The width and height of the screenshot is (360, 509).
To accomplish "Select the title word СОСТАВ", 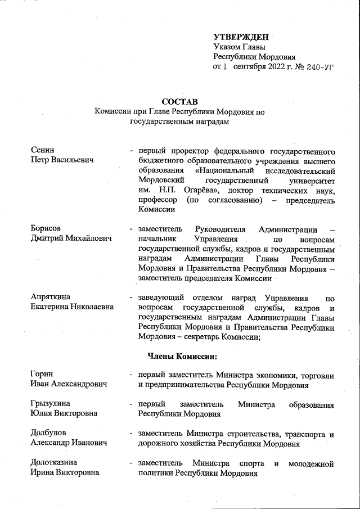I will click(x=179, y=102).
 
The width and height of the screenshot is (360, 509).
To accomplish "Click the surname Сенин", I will click(x=43, y=150).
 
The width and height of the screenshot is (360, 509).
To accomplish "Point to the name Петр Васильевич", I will click(x=62, y=160).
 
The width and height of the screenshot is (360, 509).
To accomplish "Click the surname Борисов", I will click(x=46, y=229).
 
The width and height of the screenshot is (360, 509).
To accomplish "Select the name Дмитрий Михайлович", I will click(x=71, y=238).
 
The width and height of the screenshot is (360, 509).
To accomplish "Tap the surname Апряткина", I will click(x=52, y=297).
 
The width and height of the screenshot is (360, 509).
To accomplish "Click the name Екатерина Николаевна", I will click(x=72, y=307).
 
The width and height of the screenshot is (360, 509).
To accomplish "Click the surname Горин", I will click(x=43, y=375).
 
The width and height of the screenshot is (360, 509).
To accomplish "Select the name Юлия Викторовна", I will click(x=64, y=414).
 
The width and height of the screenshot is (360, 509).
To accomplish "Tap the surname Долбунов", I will click(x=49, y=434).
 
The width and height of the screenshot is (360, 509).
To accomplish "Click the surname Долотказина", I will click(x=54, y=463).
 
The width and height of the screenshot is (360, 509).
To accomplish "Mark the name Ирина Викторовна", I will click(x=65, y=472).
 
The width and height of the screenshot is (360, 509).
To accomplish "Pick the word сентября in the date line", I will click(x=248, y=66).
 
